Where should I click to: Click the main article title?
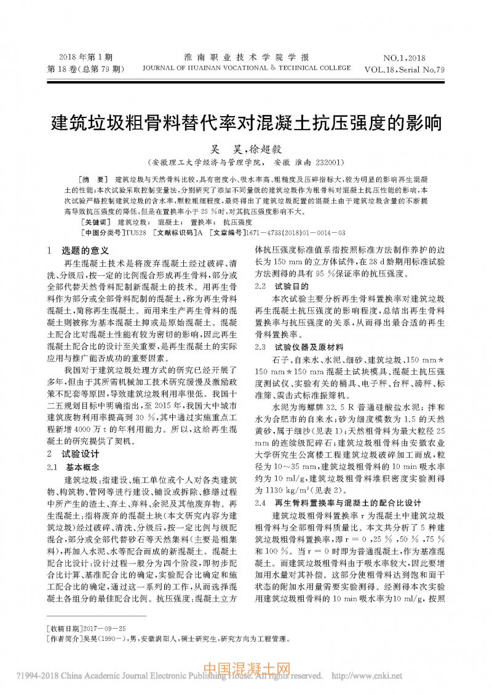tap(245, 121)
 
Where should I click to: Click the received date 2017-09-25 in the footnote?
tap(105, 628)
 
